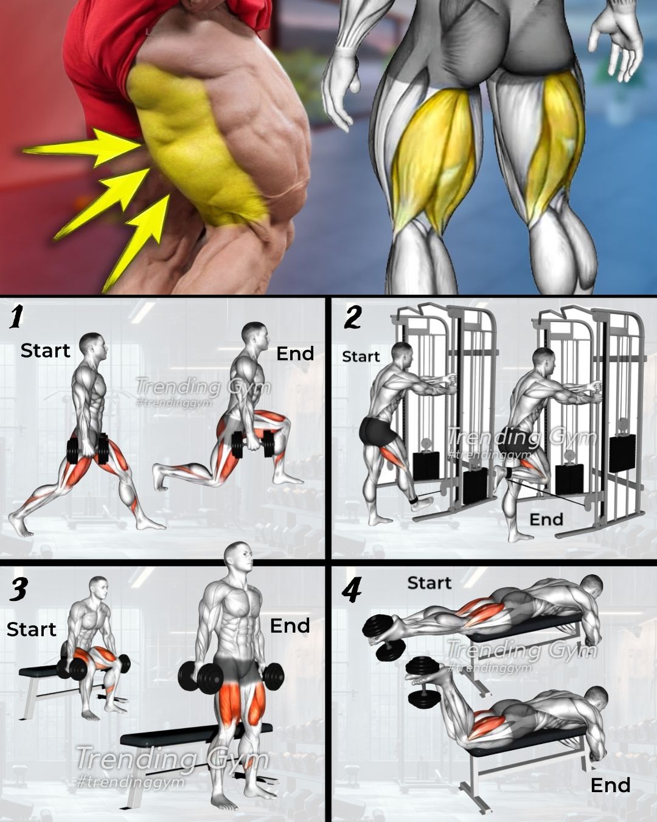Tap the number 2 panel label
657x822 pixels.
pyautogui.click(x=352, y=317)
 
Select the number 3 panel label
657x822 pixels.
pyautogui.click(x=18, y=589)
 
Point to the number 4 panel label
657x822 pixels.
pyautogui.click(x=351, y=592)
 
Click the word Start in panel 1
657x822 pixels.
pyautogui.click(x=46, y=350)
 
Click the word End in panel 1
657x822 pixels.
pyautogui.click(x=295, y=354)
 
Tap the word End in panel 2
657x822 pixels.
pyautogui.click(x=546, y=519)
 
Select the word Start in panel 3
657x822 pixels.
pyautogui.click(x=31, y=629)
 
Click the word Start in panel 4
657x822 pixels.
pyautogui.click(x=429, y=583)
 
